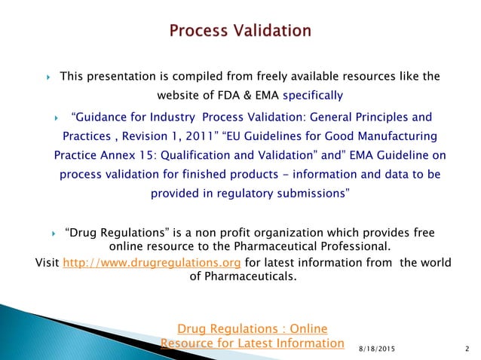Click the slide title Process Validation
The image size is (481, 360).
(240, 31)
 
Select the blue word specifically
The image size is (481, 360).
(313, 96)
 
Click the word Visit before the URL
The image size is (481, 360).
(47, 262)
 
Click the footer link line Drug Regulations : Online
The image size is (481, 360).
(252, 328)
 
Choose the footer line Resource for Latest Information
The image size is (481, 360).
(252, 343)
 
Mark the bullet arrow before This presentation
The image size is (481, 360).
(47, 78)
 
